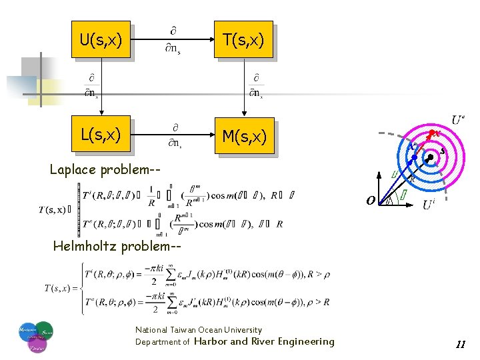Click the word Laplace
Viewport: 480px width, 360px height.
click(75, 169)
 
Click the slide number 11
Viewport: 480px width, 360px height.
click(460, 345)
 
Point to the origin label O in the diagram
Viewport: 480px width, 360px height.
click(370, 200)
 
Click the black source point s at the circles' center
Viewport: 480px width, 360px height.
click(431, 155)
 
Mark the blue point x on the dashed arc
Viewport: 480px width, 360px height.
click(414, 158)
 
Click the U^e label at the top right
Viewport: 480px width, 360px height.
click(458, 120)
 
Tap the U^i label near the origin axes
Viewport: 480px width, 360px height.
click(431, 205)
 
